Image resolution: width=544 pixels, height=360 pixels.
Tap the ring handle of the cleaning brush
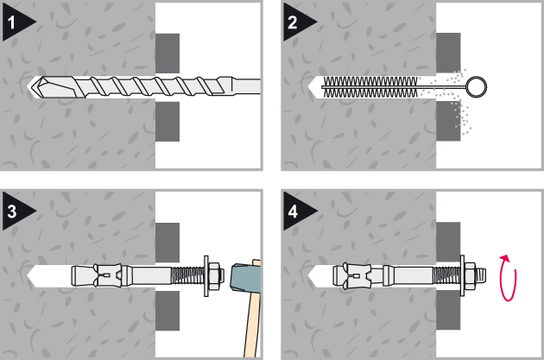[478, 86]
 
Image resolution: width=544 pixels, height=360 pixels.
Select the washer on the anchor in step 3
[206, 275]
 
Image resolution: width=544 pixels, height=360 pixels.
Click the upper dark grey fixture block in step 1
[168, 53]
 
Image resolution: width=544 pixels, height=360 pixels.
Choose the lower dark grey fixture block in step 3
[168, 310]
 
